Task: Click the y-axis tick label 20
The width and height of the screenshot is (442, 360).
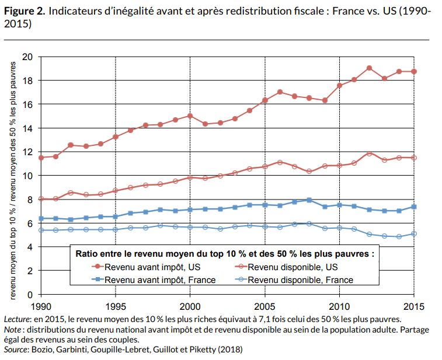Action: (x=28, y=57)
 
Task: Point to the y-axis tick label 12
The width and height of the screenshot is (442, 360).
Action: (x=28, y=152)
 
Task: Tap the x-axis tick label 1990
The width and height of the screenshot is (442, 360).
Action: (x=41, y=306)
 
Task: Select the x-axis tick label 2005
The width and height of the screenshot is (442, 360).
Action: (x=264, y=306)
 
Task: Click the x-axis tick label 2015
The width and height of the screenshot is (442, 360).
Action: (x=413, y=306)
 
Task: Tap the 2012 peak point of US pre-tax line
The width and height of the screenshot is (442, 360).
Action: (x=369, y=68)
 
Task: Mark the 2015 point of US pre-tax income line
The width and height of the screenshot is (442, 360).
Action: (x=413, y=71)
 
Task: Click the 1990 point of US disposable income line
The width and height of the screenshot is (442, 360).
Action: (x=41, y=199)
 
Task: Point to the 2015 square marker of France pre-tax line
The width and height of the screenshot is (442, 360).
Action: (x=413, y=207)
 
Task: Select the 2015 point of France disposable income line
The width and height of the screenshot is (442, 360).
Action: (x=413, y=233)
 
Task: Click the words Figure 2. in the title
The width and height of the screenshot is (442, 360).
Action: (x=23, y=10)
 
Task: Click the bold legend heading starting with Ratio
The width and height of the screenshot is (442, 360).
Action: (x=225, y=254)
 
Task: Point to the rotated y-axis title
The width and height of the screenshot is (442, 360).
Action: (x=12, y=175)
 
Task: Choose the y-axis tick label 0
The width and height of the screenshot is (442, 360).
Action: (x=30, y=294)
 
